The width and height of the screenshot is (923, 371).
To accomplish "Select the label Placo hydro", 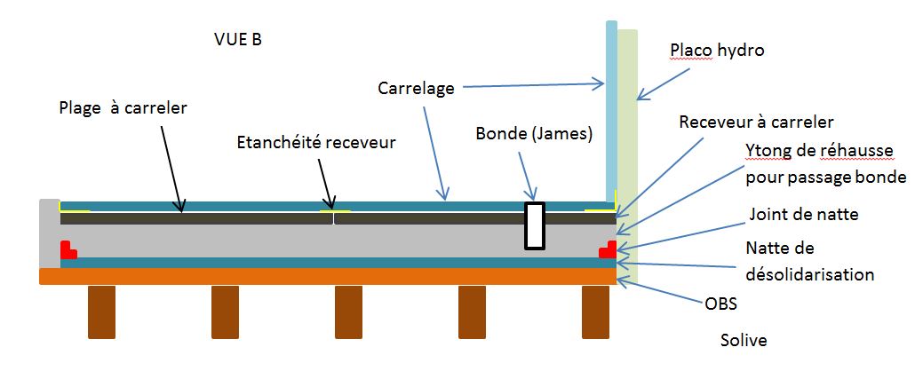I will tap(717, 51).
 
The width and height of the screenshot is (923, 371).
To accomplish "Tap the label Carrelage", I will tap(416, 89).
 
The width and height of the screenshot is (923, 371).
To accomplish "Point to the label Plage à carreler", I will tap(123, 107).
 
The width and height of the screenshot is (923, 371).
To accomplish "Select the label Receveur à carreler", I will tap(756, 122).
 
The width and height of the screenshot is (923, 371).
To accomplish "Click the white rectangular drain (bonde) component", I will tap(534, 226).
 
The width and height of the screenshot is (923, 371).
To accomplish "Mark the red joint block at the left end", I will tap(68, 250).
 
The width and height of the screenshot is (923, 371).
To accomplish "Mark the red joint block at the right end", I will tap(609, 249).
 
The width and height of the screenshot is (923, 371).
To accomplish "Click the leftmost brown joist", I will tap(100, 312).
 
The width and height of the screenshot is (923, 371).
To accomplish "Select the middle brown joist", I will tap(349, 312).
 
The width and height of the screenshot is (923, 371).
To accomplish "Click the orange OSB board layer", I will tap(329, 276).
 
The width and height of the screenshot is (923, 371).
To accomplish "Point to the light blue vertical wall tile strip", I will tap(610, 107).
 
